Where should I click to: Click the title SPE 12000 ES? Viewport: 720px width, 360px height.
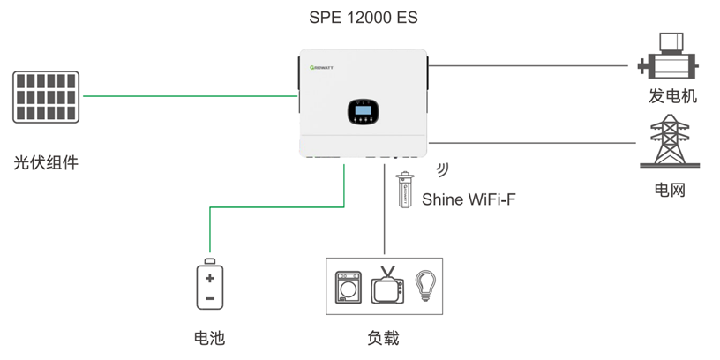click(361, 17)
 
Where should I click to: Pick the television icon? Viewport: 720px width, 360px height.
click(387, 286)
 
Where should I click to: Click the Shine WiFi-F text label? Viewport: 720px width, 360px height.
click(469, 199)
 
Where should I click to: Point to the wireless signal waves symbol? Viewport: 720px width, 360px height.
click(444, 169)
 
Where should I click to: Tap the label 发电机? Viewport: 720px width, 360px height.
click(672, 96)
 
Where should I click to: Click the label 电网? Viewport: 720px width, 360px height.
click(670, 190)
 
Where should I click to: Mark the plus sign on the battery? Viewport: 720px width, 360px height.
click(209, 278)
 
